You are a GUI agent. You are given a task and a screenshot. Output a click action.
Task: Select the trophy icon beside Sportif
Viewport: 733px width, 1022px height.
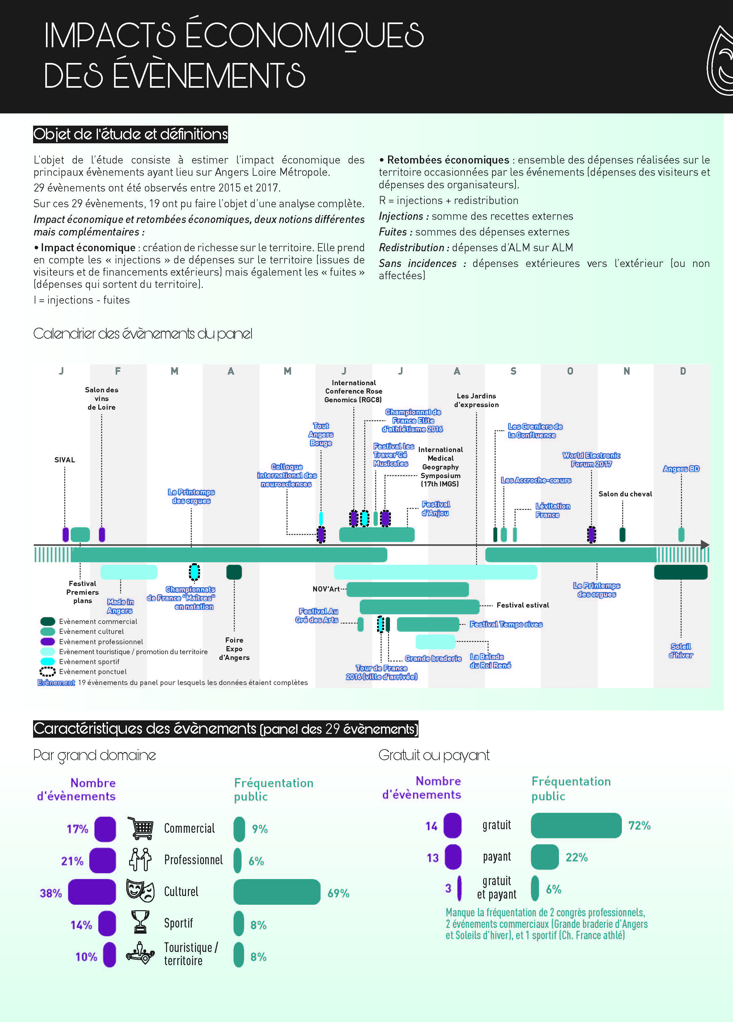tap(140, 922)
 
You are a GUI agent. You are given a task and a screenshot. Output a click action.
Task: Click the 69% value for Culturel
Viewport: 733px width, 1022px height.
tap(338, 893)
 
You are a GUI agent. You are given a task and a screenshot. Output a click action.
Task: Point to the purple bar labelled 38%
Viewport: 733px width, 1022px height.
tap(92, 892)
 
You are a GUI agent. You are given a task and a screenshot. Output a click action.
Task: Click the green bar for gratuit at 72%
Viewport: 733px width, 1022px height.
tap(576, 825)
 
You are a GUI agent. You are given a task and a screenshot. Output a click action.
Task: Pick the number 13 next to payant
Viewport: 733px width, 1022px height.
tap(432, 858)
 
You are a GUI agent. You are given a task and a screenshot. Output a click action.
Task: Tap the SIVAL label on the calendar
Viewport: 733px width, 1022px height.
tap(65, 460)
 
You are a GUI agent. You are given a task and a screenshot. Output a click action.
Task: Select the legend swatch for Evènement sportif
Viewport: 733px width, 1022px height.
tap(48, 662)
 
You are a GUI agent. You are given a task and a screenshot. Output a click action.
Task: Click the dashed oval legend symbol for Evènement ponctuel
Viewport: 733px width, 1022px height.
tap(48, 671)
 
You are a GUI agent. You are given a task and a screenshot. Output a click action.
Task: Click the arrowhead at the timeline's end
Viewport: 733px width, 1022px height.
tap(705, 545)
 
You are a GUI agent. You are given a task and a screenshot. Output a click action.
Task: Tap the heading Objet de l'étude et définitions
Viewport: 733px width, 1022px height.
tap(131, 134)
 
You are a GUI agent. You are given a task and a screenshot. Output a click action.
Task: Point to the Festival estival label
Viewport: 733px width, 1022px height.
tap(523, 605)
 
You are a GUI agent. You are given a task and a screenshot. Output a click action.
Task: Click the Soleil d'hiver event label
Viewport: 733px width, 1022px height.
tap(681, 651)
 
